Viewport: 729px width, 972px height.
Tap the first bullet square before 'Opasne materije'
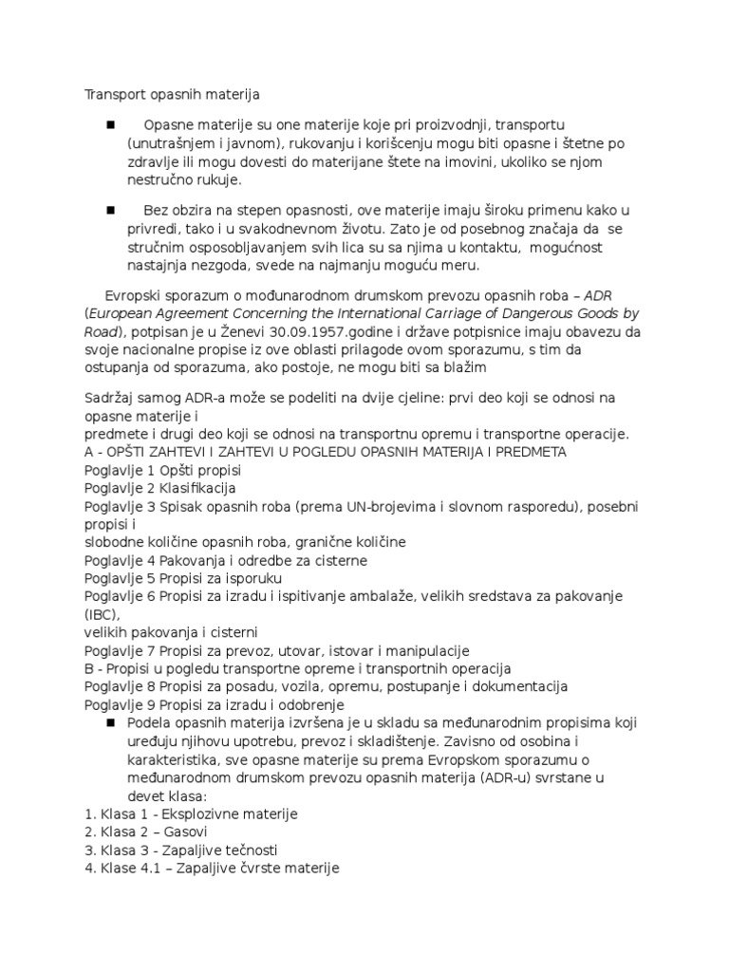(110, 125)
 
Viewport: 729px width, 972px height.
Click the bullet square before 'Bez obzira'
(110, 210)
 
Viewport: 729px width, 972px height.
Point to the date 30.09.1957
(313, 331)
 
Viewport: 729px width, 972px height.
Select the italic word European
(123, 313)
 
